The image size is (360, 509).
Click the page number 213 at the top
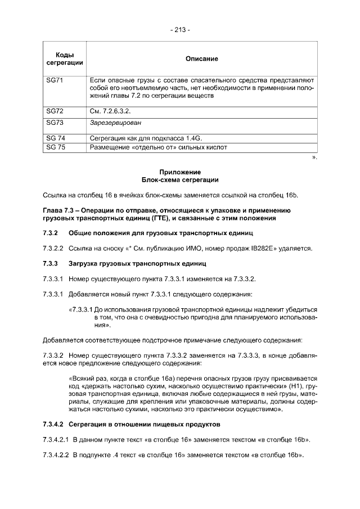click(180, 29)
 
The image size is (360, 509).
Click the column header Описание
click(201, 58)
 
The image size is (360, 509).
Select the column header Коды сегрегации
click(65, 58)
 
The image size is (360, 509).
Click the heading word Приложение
click(180, 172)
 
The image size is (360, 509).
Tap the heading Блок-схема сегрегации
click(180, 180)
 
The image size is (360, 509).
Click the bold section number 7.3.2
click(51, 232)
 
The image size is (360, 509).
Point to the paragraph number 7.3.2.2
click(53, 248)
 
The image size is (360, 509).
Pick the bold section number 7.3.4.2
click(53, 423)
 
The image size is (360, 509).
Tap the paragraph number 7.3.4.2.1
click(56, 438)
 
